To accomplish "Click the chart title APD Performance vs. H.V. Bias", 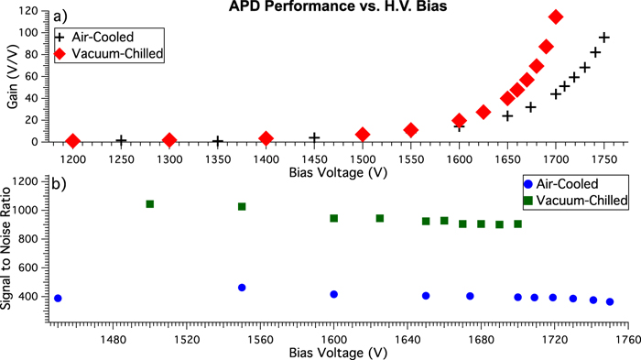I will pos(320,8).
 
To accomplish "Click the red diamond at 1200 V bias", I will pos(73,141).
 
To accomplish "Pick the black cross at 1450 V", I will pos(314,138).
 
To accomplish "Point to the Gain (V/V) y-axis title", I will pos(10,78).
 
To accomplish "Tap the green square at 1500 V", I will pos(150,203).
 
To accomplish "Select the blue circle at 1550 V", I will pos(242,288).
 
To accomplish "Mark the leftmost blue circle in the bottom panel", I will pos(58,298).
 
